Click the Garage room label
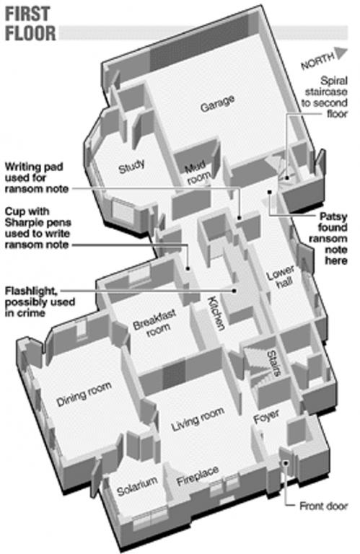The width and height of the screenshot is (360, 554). click(x=217, y=103)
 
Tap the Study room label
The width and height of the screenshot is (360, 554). click(x=132, y=166)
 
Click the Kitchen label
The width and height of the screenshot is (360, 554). click(x=216, y=313)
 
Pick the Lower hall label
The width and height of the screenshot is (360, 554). click(x=281, y=277)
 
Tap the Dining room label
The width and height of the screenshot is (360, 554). click(x=84, y=394)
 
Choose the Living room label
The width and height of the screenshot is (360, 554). click(x=198, y=419)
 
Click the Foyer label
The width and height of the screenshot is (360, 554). click(x=267, y=416)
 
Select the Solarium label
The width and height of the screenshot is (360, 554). click(x=137, y=486)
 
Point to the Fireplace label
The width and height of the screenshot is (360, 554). click(x=198, y=475)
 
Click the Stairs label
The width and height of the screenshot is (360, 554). click(x=274, y=363)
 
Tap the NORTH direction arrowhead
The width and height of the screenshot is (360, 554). click(x=341, y=53)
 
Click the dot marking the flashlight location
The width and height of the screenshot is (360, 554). click(x=234, y=291)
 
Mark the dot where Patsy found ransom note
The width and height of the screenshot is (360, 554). click(x=270, y=192)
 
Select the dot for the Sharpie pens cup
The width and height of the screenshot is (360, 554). click(x=188, y=268)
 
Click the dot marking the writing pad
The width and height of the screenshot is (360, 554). click(x=240, y=218)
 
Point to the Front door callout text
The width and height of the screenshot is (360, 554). click(x=324, y=506)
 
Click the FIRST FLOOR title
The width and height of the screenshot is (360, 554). click(x=30, y=24)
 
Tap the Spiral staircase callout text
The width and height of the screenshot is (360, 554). click(x=325, y=97)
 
